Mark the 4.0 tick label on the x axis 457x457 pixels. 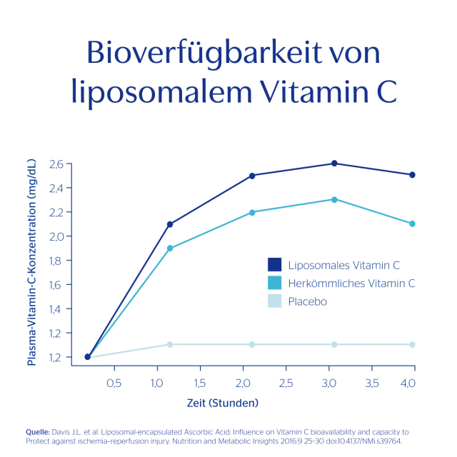407,384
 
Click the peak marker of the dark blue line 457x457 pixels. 333,164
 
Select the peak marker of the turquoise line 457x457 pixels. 333,199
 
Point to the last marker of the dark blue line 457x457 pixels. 411,176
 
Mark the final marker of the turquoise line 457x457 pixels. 411,224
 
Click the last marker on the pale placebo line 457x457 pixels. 411,343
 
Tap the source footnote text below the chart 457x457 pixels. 218,437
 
